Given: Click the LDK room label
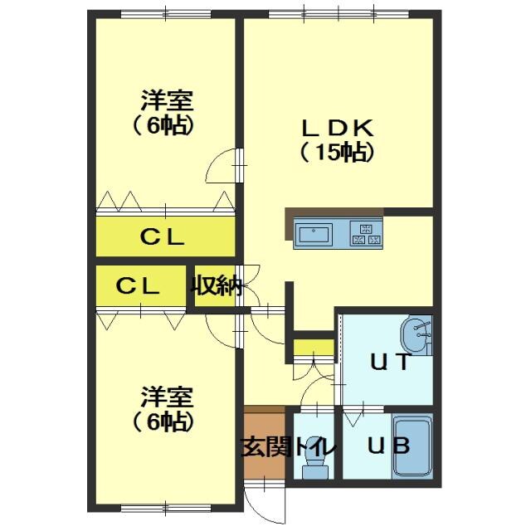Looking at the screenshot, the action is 339,128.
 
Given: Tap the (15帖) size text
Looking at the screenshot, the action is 338,153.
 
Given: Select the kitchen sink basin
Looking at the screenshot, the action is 314,235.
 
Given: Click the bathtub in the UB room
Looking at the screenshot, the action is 412,446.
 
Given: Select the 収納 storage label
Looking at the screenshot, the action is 216,287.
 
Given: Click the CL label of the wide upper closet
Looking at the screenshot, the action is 163,236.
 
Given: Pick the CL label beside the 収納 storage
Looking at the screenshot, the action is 138,286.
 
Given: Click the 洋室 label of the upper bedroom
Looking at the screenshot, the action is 167,100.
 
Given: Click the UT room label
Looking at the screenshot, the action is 391,362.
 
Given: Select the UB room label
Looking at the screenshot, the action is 389,446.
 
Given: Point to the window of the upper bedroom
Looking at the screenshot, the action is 166,14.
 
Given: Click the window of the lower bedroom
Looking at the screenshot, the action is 166,508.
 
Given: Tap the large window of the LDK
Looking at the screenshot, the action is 339,14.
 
